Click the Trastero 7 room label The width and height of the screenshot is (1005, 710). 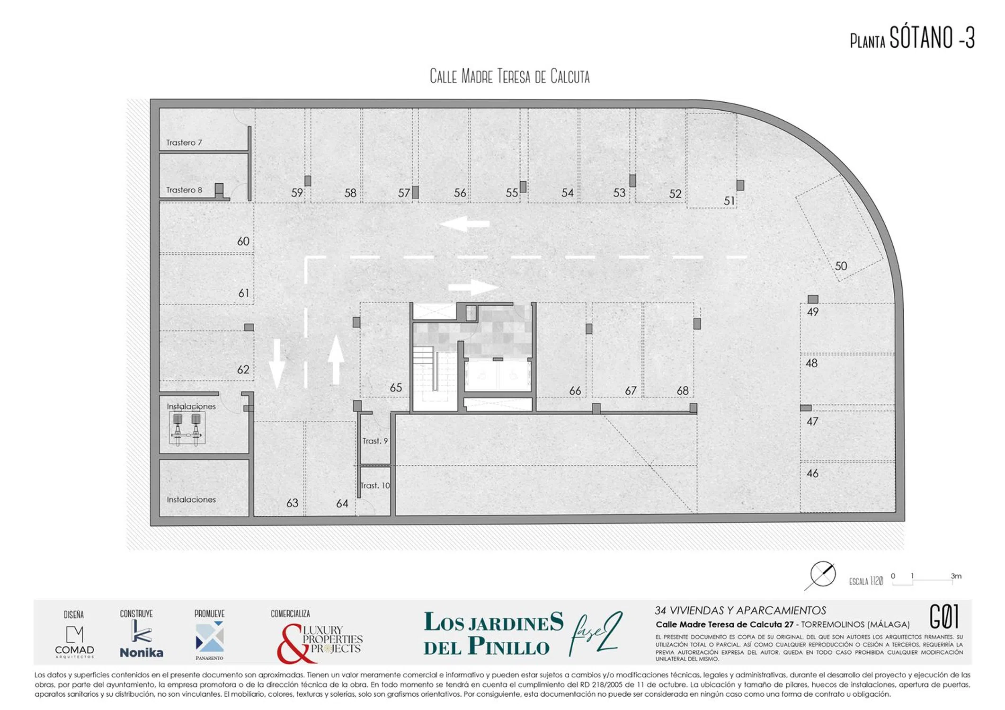click(184, 142)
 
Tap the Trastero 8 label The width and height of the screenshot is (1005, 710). click(184, 190)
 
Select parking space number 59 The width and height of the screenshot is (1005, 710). click(297, 193)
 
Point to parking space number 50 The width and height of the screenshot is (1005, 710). click(841, 266)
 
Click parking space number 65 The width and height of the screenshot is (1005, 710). click(396, 388)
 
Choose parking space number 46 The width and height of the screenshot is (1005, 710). click(812, 473)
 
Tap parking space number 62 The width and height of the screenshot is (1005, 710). click(243, 370)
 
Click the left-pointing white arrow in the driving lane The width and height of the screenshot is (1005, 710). click(465, 224)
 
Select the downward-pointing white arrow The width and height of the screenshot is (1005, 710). click(277, 364)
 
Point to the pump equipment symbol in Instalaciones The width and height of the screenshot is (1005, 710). click(187, 428)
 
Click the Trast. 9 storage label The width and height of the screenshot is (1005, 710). click(375, 441)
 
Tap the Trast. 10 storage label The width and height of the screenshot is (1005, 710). click(375, 486)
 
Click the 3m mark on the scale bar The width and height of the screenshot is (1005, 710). click(956, 576)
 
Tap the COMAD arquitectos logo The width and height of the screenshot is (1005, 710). click(74, 642)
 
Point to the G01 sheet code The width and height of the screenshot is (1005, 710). click(944, 616)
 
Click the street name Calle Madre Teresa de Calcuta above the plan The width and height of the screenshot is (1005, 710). click(509, 76)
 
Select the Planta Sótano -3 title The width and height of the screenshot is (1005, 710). click(912, 38)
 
